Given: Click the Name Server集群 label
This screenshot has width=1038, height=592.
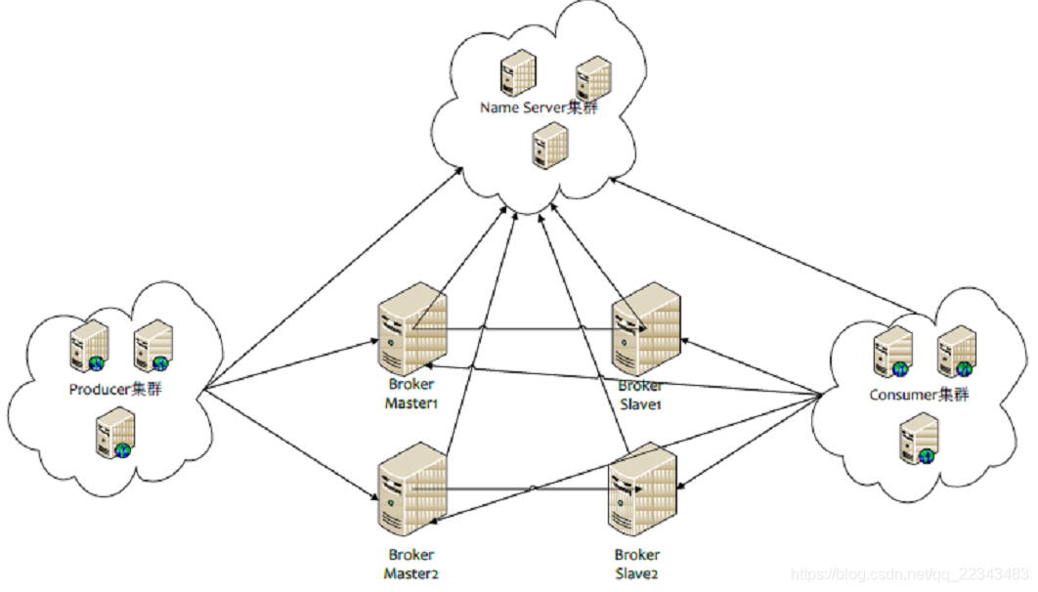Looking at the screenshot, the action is [x=539, y=107].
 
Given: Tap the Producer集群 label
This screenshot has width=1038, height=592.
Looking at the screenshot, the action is [x=115, y=389].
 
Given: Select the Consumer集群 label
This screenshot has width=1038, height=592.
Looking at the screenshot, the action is [x=919, y=395].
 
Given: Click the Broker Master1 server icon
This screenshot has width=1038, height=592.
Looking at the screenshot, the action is [x=411, y=329].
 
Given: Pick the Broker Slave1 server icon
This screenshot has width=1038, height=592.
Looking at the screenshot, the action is [x=646, y=329].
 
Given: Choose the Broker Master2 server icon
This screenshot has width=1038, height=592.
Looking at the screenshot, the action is [x=411, y=489].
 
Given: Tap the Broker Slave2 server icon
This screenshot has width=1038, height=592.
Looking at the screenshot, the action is [x=642, y=489].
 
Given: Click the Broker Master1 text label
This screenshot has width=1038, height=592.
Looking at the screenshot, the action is [x=411, y=394].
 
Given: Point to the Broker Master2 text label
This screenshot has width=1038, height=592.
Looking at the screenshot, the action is [x=411, y=565].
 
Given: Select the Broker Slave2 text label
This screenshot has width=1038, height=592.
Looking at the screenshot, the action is [x=637, y=565].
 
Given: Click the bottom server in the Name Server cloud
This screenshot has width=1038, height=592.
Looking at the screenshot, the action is [x=550, y=145].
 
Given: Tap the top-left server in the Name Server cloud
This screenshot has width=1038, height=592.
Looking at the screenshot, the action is [x=518, y=72].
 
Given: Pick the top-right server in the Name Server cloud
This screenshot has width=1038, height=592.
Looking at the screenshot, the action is [x=593, y=79].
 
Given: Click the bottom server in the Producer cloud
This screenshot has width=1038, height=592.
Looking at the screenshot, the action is [x=115, y=433].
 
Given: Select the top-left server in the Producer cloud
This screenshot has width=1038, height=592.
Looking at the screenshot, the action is [x=89, y=346].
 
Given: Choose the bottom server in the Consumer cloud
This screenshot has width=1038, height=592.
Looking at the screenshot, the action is [x=919, y=439].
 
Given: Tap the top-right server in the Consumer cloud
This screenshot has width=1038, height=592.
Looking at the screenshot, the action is [x=957, y=352].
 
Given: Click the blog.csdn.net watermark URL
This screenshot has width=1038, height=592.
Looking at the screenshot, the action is [x=910, y=572].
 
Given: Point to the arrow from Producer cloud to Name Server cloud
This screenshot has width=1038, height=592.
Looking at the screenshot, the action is [x=333, y=277].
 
